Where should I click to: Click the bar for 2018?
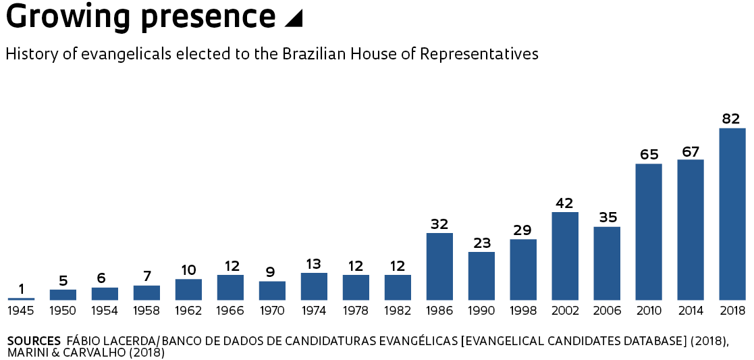click(x=732, y=213)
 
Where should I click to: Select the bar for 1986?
click(x=439, y=266)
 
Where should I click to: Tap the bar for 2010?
click(x=649, y=232)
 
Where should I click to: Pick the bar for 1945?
click(x=22, y=299)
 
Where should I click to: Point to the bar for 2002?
click(x=565, y=256)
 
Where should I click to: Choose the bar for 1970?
click(x=272, y=290)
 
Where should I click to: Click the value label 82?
click(x=731, y=119)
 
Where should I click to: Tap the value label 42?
click(x=564, y=203)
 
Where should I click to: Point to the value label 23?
click(x=481, y=243)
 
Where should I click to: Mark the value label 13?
click(x=313, y=264)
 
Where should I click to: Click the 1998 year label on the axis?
click(x=522, y=311)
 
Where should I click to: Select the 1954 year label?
click(x=105, y=311)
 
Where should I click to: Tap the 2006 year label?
click(x=606, y=311)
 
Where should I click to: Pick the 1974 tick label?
click(x=314, y=311)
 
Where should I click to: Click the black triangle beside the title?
click(x=294, y=19)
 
